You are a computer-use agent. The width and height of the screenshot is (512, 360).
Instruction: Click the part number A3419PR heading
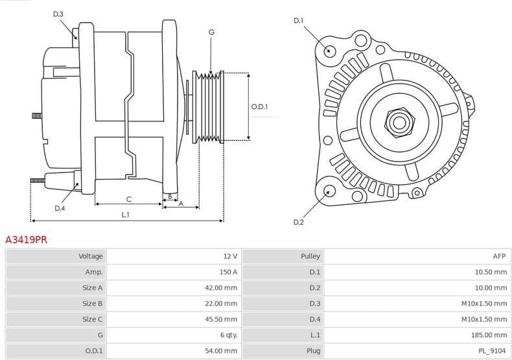click(x=26, y=239)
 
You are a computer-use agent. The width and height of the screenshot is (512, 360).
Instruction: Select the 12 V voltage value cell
click(x=229, y=256)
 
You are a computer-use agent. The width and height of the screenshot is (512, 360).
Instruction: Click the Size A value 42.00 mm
click(x=221, y=287)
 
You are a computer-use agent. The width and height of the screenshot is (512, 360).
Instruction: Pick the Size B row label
click(x=92, y=303)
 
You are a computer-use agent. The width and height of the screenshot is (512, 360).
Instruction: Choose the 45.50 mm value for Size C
click(x=221, y=319)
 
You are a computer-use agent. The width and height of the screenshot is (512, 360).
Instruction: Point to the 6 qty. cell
click(x=228, y=335)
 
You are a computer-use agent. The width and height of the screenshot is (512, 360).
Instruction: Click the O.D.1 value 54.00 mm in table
click(x=221, y=350)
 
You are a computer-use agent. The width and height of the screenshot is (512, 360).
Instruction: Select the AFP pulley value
click(x=500, y=256)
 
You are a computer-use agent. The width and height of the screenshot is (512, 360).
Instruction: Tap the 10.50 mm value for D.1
click(x=491, y=272)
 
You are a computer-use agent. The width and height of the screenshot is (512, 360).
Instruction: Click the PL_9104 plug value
click(x=493, y=350)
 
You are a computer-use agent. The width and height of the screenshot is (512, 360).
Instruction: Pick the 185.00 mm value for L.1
click(x=489, y=335)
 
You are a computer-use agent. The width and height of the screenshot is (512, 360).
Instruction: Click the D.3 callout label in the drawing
click(x=58, y=14)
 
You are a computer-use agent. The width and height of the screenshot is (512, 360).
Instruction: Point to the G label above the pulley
click(x=211, y=32)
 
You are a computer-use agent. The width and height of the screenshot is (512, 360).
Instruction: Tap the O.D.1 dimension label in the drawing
click(x=259, y=107)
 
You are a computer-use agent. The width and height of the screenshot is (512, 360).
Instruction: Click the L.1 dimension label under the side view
click(x=126, y=215)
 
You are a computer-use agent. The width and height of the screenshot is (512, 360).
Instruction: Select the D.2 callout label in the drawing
click(x=298, y=222)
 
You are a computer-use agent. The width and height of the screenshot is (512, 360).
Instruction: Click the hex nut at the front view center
click(x=396, y=121)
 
